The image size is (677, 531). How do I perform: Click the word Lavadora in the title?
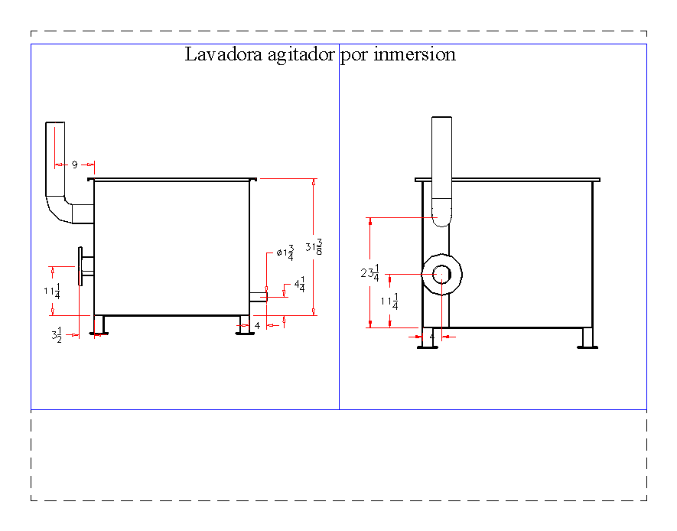[x=218, y=55]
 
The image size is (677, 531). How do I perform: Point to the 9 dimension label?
[x=75, y=165]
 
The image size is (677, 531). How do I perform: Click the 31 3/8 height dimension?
[x=313, y=246]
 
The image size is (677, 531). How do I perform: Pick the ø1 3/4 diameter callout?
[x=285, y=252]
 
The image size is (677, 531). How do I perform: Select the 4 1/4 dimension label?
[x=299, y=285]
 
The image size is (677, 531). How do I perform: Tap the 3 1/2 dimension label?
[x=56, y=334]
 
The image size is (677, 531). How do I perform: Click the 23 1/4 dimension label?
[x=369, y=273]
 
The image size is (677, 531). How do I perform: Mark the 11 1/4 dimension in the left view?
[x=52, y=291]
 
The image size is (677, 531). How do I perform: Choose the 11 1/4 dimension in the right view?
[x=389, y=302]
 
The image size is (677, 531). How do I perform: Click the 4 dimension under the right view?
[x=432, y=336]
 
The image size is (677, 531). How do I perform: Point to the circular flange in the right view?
[x=441, y=274]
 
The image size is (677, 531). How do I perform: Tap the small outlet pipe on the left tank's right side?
[x=258, y=296]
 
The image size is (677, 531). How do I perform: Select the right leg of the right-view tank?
[x=587, y=337]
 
